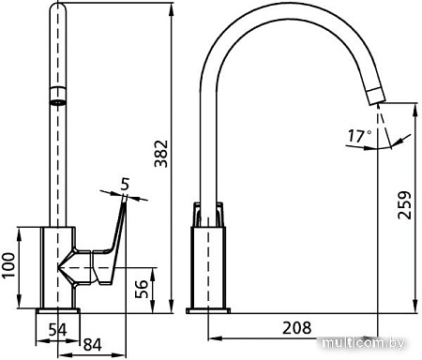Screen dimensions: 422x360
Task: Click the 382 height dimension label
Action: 161,154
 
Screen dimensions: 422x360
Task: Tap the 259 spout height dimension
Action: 404,205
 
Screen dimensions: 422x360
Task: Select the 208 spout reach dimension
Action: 296,328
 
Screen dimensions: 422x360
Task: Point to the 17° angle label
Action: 360,136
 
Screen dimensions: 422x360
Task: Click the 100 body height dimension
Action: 8,265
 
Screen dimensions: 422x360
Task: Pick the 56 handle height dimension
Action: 142,289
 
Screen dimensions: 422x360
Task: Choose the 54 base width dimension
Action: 58,330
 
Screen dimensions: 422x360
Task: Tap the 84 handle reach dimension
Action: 93,345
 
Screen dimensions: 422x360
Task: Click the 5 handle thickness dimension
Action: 125,184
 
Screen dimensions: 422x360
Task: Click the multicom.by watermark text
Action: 363,343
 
